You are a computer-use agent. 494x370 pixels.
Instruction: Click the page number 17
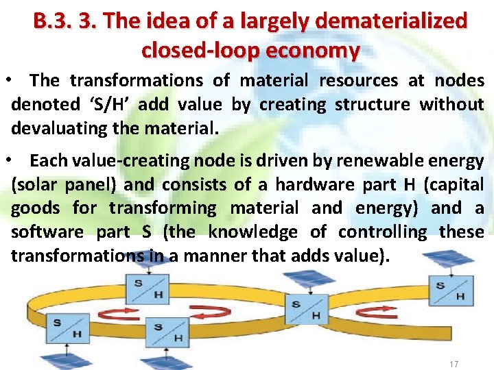click(x=453, y=364)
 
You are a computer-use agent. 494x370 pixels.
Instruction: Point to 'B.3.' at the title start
click(x=53, y=21)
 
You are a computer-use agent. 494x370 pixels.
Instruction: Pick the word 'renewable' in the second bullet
click(x=379, y=161)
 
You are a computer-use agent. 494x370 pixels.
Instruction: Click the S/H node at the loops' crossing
click(x=305, y=309)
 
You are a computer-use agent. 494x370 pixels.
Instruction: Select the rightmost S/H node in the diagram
click(x=450, y=290)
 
